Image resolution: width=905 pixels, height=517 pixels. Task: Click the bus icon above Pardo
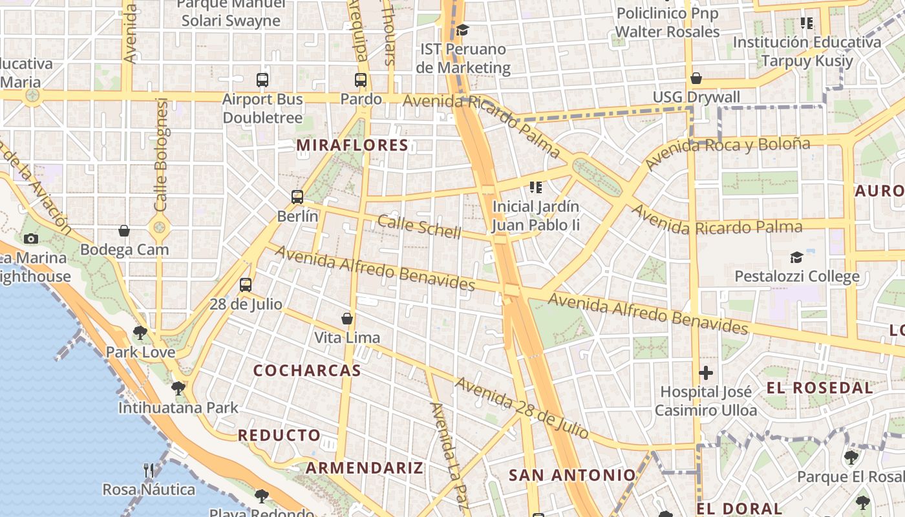[361, 80]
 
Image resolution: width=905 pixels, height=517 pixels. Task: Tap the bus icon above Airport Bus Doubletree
[262, 80]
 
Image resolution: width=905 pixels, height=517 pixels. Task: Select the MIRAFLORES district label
[352, 145]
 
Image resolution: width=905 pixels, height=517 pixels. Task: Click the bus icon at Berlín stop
[297, 197]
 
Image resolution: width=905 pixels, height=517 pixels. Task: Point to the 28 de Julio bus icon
[246, 285]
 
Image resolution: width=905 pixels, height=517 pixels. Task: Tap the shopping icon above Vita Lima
[347, 319]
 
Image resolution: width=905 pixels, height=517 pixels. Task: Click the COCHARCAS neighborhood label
[307, 371]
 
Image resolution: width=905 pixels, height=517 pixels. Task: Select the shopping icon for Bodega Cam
[124, 231]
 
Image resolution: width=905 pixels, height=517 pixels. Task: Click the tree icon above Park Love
[140, 333]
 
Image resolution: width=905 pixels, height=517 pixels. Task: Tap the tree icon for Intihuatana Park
[178, 388]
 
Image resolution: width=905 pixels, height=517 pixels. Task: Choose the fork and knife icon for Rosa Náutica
[149, 470]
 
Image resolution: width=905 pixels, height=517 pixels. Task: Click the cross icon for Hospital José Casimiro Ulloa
[706, 373]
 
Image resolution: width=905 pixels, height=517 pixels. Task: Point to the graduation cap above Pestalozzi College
[796, 258]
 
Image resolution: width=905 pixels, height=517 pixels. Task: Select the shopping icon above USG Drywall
[696, 78]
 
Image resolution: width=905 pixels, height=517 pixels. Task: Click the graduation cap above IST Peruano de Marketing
[462, 30]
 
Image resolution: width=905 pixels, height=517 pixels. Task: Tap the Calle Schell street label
[419, 226]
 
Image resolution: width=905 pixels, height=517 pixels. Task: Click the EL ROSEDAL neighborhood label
[820, 388]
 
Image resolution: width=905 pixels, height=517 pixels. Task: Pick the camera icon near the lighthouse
[30, 238]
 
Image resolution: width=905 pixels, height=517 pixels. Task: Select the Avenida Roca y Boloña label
[727, 153]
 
